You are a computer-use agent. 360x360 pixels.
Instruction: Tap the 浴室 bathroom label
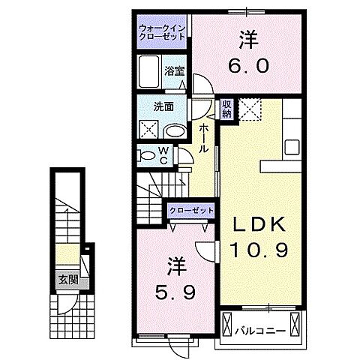tap(175, 73)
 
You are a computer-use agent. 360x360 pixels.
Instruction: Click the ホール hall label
tap(204, 137)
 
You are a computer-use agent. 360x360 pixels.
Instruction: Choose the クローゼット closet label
tap(191, 211)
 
